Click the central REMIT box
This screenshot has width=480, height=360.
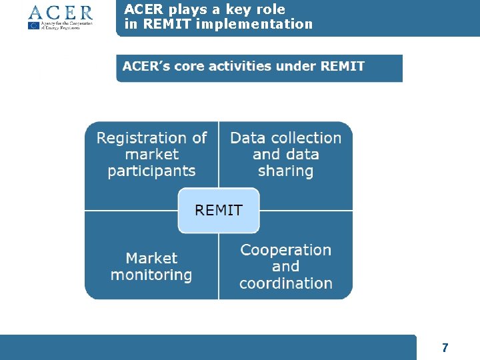218,211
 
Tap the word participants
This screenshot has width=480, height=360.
151,171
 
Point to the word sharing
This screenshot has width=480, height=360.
285,171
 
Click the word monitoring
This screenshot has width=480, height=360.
151,275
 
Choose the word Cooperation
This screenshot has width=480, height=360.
285,250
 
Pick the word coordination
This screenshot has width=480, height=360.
285,283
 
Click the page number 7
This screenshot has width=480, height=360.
445,347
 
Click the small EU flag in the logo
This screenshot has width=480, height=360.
34,26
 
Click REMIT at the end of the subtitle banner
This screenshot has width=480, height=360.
342,67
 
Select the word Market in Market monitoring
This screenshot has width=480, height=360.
151,258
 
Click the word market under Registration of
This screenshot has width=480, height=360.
151,155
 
